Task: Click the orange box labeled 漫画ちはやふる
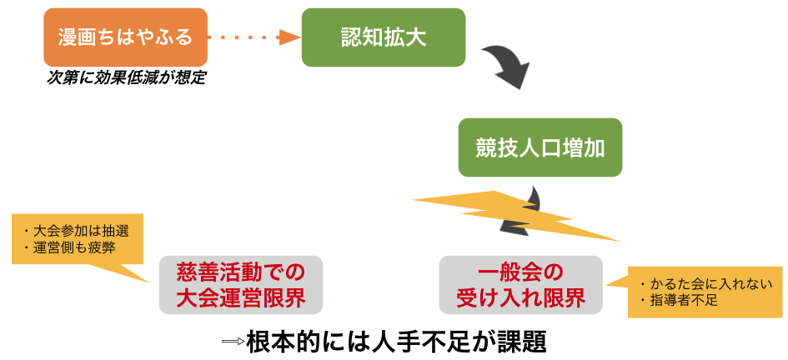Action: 125,37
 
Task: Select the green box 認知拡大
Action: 384,37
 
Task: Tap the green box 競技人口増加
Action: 540,147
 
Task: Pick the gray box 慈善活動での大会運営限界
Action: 241,285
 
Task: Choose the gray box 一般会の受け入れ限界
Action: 520,285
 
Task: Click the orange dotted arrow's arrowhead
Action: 290,37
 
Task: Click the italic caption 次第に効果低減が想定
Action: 126,78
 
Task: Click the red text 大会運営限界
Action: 241,298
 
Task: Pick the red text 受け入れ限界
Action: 520,298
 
